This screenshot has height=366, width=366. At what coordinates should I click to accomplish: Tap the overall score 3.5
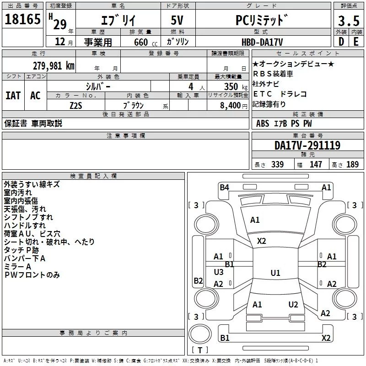click(x=349, y=21)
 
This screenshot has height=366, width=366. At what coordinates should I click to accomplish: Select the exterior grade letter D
click(x=341, y=42)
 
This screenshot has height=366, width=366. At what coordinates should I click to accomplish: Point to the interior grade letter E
click(x=356, y=42)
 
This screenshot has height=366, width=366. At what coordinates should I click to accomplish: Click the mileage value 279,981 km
click(x=54, y=65)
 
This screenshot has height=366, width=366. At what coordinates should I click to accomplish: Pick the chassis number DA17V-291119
click(x=307, y=145)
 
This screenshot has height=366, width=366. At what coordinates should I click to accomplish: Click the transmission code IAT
click(x=13, y=95)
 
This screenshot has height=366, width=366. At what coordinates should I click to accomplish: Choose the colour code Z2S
click(x=76, y=105)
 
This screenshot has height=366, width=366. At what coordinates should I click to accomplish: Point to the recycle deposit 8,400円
click(x=233, y=105)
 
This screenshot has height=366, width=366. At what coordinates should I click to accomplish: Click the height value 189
click(x=352, y=164)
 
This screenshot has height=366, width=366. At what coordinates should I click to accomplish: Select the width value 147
click(x=316, y=164)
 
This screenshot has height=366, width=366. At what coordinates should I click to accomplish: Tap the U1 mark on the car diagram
click(x=275, y=273)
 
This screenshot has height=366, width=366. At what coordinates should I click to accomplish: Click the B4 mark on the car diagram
click(x=224, y=187)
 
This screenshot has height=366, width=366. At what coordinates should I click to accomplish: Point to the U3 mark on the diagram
click(x=219, y=272)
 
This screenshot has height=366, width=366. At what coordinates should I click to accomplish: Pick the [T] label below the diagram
click(x=199, y=350)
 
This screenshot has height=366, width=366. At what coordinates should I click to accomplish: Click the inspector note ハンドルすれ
click(x=25, y=226)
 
